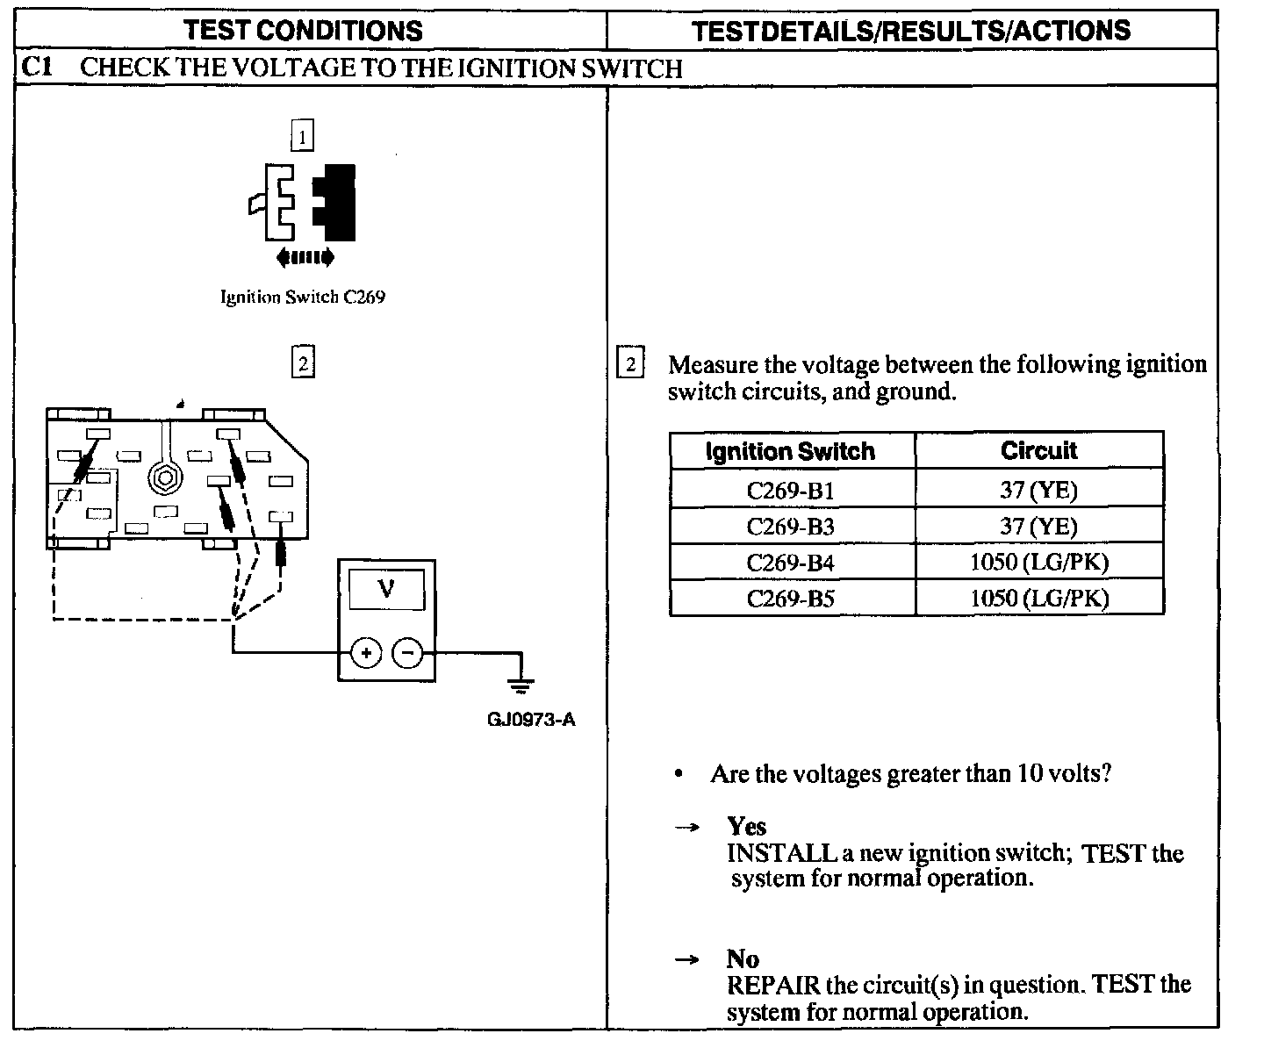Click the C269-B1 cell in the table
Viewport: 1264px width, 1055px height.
[x=790, y=490]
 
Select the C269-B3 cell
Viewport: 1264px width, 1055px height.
[x=790, y=526]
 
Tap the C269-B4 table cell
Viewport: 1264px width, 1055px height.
[x=790, y=562]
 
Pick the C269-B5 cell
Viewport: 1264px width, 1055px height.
[x=790, y=599]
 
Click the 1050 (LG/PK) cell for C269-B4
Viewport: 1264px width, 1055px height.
[x=1038, y=562]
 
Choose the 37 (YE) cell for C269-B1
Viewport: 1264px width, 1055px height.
[x=1038, y=490]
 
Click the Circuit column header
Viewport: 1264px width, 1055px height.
[x=1038, y=450]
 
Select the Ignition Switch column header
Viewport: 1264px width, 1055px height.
[x=790, y=451]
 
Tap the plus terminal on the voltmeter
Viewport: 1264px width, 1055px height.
[x=366, y=653]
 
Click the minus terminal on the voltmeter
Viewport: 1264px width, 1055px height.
[x=407, y=653]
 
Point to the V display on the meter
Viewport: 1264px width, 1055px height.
[x=386, y=589]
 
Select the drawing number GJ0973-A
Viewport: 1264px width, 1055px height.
[x=531, y=721]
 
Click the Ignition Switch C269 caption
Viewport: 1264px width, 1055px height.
[x=302, y=297]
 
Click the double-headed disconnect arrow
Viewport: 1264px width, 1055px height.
[x=305, y=257]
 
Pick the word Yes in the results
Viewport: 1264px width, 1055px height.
[x=746, y=826]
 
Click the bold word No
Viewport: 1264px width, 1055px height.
[x=743, y=958]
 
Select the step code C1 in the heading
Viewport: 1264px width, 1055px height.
[x=39, y=67]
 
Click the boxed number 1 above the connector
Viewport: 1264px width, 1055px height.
[x=302, y=137]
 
